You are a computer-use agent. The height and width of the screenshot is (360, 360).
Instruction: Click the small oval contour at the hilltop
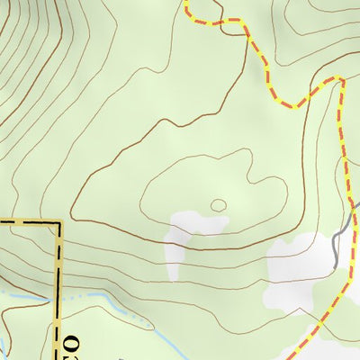pyautogui.click(x=218, y=205)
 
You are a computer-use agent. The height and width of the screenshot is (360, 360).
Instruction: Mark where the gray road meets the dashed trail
pyautogui.click(x=349, y=216)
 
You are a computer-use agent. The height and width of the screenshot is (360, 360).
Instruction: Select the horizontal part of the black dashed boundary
pyautogui.click(x=27, y=220)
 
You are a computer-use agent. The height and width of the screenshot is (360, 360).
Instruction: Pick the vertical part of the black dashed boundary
pyautogui.click(x=59, y=270)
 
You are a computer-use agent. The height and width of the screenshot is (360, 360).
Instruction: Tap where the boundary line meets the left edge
pyautogui.click(x=1, y=220)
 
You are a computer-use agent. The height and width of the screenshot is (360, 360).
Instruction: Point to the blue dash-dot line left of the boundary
pyautogui.click(x=27, y=294)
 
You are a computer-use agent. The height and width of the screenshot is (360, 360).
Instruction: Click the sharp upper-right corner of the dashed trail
pyautogui.click(x=341, y=81)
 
